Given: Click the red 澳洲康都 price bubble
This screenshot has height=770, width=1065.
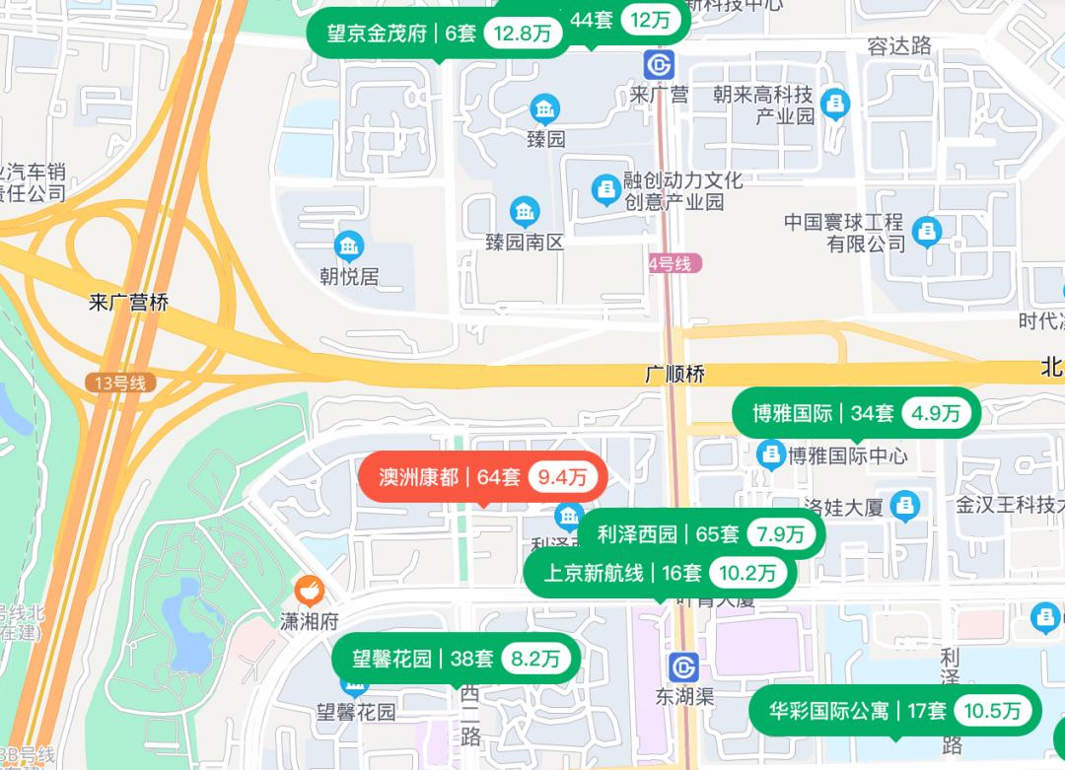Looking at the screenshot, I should pyautogui.click(x=481, y=477).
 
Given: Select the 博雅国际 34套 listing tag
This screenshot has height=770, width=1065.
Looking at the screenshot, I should pyautogui.click(x=856, y=413).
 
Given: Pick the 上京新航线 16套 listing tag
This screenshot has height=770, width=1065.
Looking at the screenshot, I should pyautogui.click(x=660, y=573).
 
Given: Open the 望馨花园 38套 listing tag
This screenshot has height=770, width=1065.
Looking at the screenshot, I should pyautogui.click(x=455, y=659).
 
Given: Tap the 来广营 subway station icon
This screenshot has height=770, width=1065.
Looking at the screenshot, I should pyautogui.click(x=659, y=65).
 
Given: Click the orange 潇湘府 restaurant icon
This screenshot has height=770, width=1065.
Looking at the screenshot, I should pyautogui.click(x=310, y=591).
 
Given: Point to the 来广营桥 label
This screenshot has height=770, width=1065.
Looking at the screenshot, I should pyautogui.click(x=128, y=303).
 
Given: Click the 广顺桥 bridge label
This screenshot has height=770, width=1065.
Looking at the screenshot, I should pyautogui.click(x=674, y=376).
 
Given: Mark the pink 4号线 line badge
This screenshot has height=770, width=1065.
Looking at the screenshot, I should pyautogui.click(x=674, y=263).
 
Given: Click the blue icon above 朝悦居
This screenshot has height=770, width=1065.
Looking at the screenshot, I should pyautogui.click(x=348, y=245).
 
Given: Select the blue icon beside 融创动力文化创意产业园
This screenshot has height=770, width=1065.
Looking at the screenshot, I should pyautogui.click(x=604, y=188).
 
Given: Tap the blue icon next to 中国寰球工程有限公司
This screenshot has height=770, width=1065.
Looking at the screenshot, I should pyautogui.click(x=926, y=232).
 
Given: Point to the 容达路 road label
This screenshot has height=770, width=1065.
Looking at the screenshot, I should pyautogui.click(x=899, y=45).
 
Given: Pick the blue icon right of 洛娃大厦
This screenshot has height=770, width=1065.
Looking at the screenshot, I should pyautogui.click(x=904, y=506).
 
